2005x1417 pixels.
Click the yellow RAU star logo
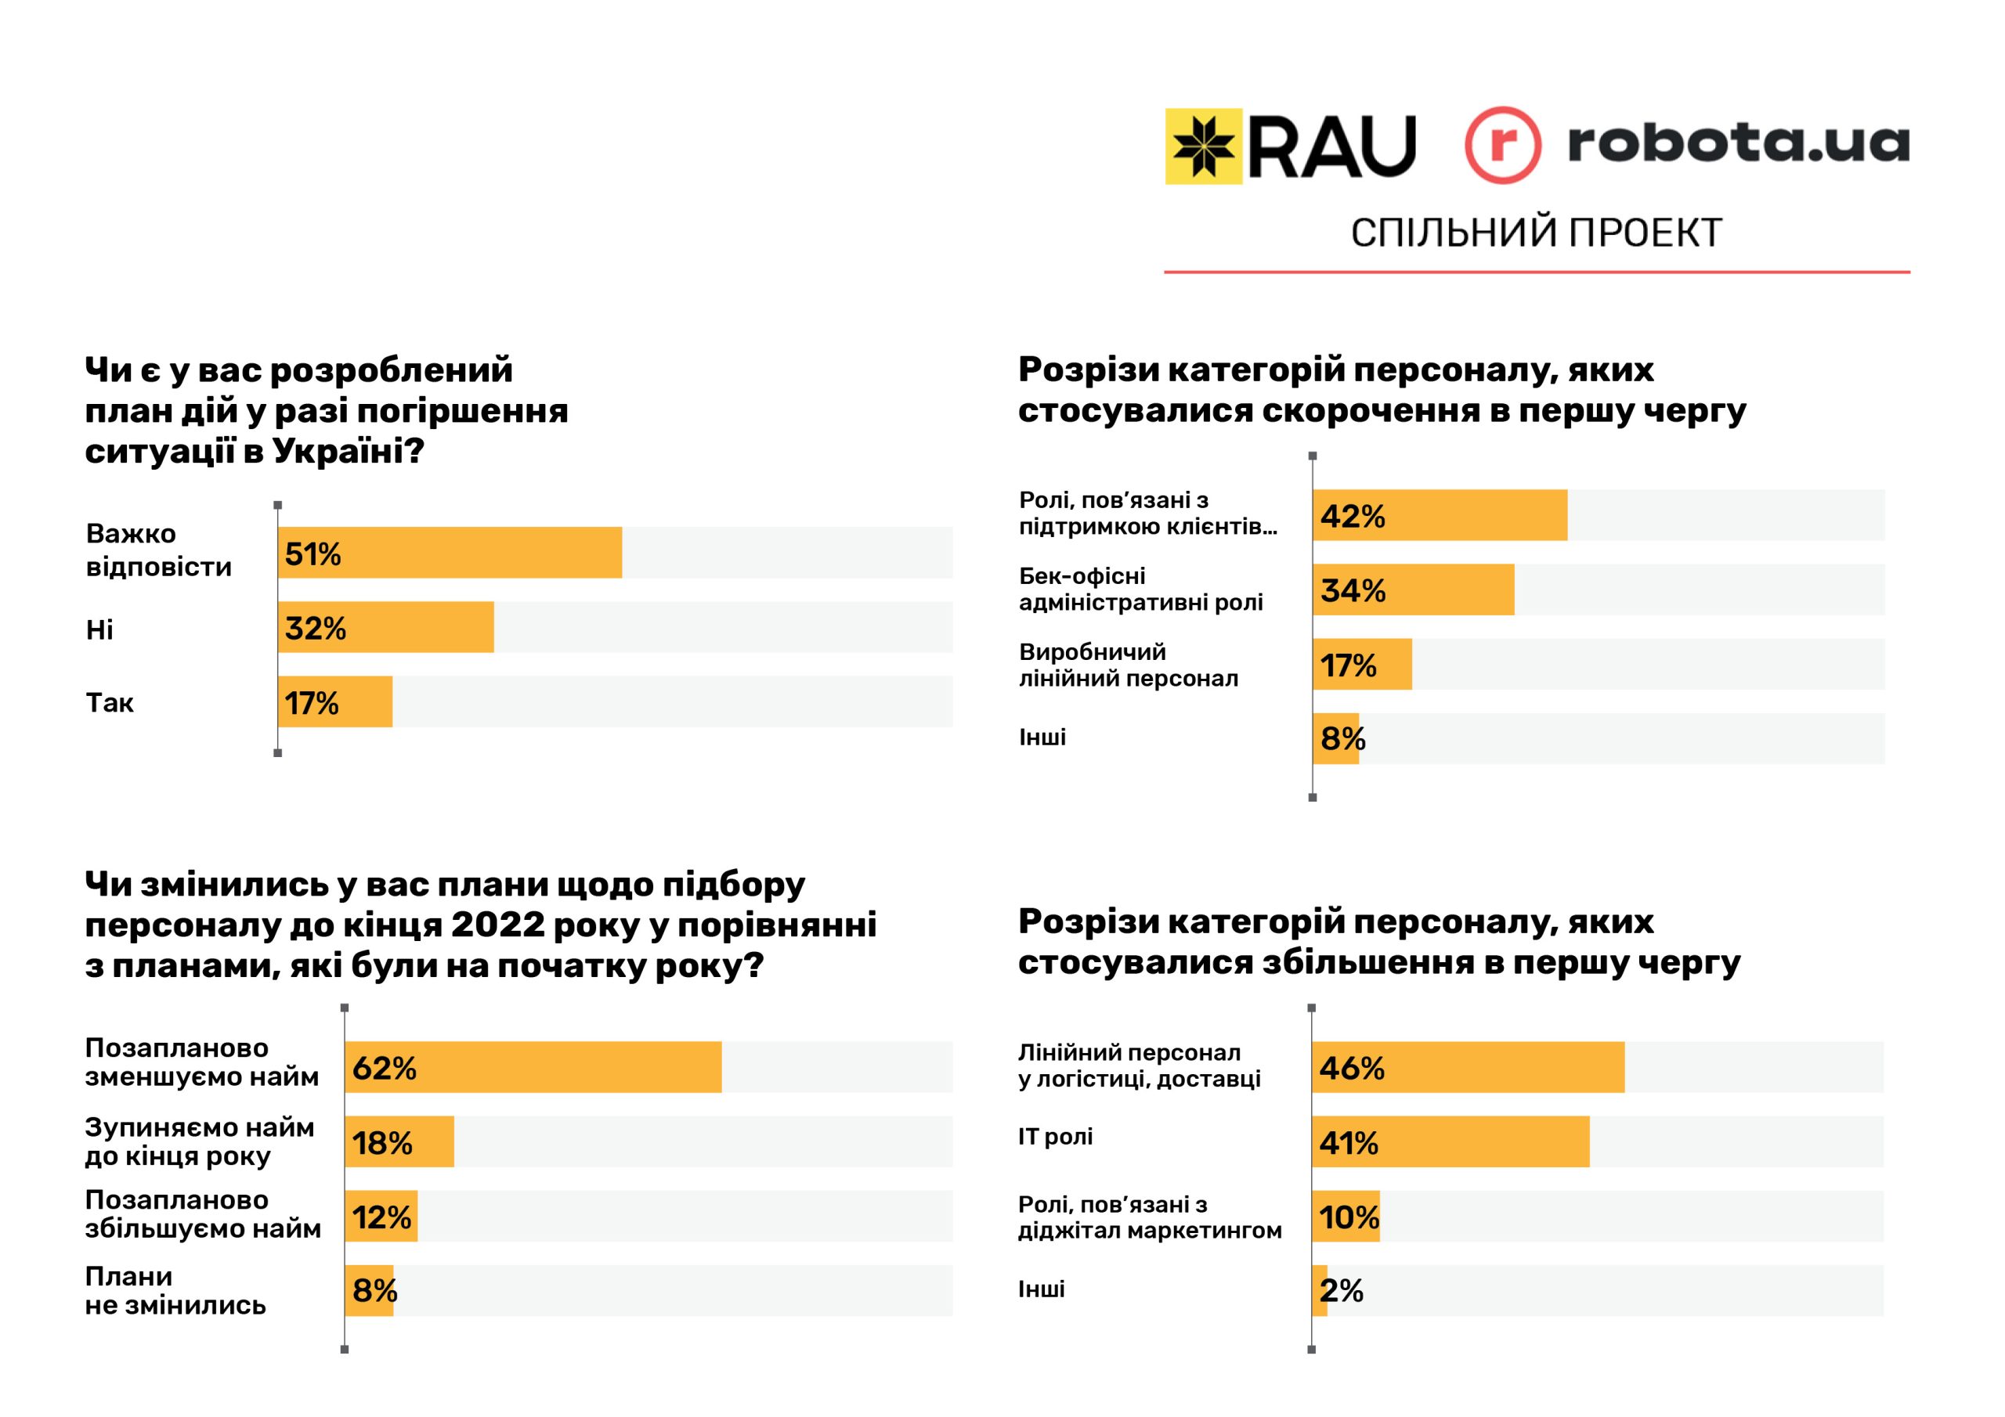pyautogui.click(x=1203, y=146)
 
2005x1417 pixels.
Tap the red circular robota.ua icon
pyautogui.click(x=1502, y=145)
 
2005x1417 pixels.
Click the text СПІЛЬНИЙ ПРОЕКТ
pyautogui.click(x=1536, y=233)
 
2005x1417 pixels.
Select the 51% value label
pyautogui.click(x=312, y=553)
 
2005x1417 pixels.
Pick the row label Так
pyautogui.click(x=110, y=703)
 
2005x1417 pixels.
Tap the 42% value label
pyautogui.click(x=1352, y=516)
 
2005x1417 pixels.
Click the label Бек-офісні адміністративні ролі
pyautogui.click(x=1140, y=590)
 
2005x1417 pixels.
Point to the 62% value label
pyautogui.click(x=385, y=1068)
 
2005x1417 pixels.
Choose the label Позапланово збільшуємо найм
pyautogui.click(x=203, y=1214)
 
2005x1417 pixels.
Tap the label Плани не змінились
pyautogui.click(x=175, y=1290)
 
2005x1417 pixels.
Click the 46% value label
pyautogui.click(x=1352, y=1068)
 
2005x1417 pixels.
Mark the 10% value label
pyautogui.click(x=1349, y=1217)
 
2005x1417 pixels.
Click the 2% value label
pyautogui.click(x=1342, y=1290)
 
